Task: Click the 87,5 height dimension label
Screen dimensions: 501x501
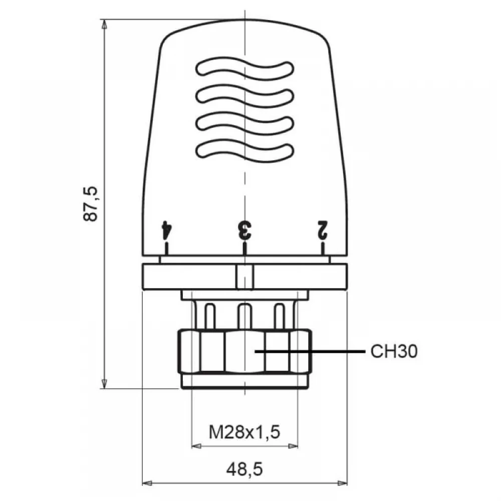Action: pyautogui.click(x=90, y=203)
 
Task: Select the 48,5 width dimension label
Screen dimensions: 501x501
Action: pyautogui.click(x=244, y=469)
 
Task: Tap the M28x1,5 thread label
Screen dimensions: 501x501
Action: pyautogui.click(x=244, y=432)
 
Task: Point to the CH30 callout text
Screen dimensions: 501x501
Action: pyautogui.click(x=394, y=352)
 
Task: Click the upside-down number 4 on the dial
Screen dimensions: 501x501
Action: pyautogui.click(x=166, y=230)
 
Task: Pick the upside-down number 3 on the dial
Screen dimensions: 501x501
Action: pyautogui.click(x=245, y=230)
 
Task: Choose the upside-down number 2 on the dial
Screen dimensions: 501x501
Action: pyautogui.click(x=322, y=230)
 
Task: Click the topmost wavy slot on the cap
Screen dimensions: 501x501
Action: pyautogui.click(x=244, y=68)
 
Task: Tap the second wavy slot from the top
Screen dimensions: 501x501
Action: pyautogui.click(x=244, y=96)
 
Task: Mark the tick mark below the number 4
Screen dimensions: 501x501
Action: pyautogui.click(x=166, y=248)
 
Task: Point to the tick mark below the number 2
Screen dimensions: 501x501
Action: pyautogui.click(x=323, y=248)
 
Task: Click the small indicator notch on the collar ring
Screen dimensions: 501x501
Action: pyautogui.click(x=245, y=278)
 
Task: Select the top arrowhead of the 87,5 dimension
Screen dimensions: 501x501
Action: pyautogui.click(x=104, y=24)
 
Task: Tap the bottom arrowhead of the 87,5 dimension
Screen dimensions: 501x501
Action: pyautogui.click(x=104, y=384)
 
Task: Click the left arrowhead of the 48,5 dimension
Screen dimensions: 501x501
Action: pyautogui.click(x=147, y=483)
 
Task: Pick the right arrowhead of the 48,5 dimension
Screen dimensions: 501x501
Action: pyautogui.click(x=342, y=483)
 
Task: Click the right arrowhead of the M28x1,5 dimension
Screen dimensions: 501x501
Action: pyautogui.click(x=293, y=446)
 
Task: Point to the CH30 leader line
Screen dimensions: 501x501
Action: pyautogui.click(x=310, y=352)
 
